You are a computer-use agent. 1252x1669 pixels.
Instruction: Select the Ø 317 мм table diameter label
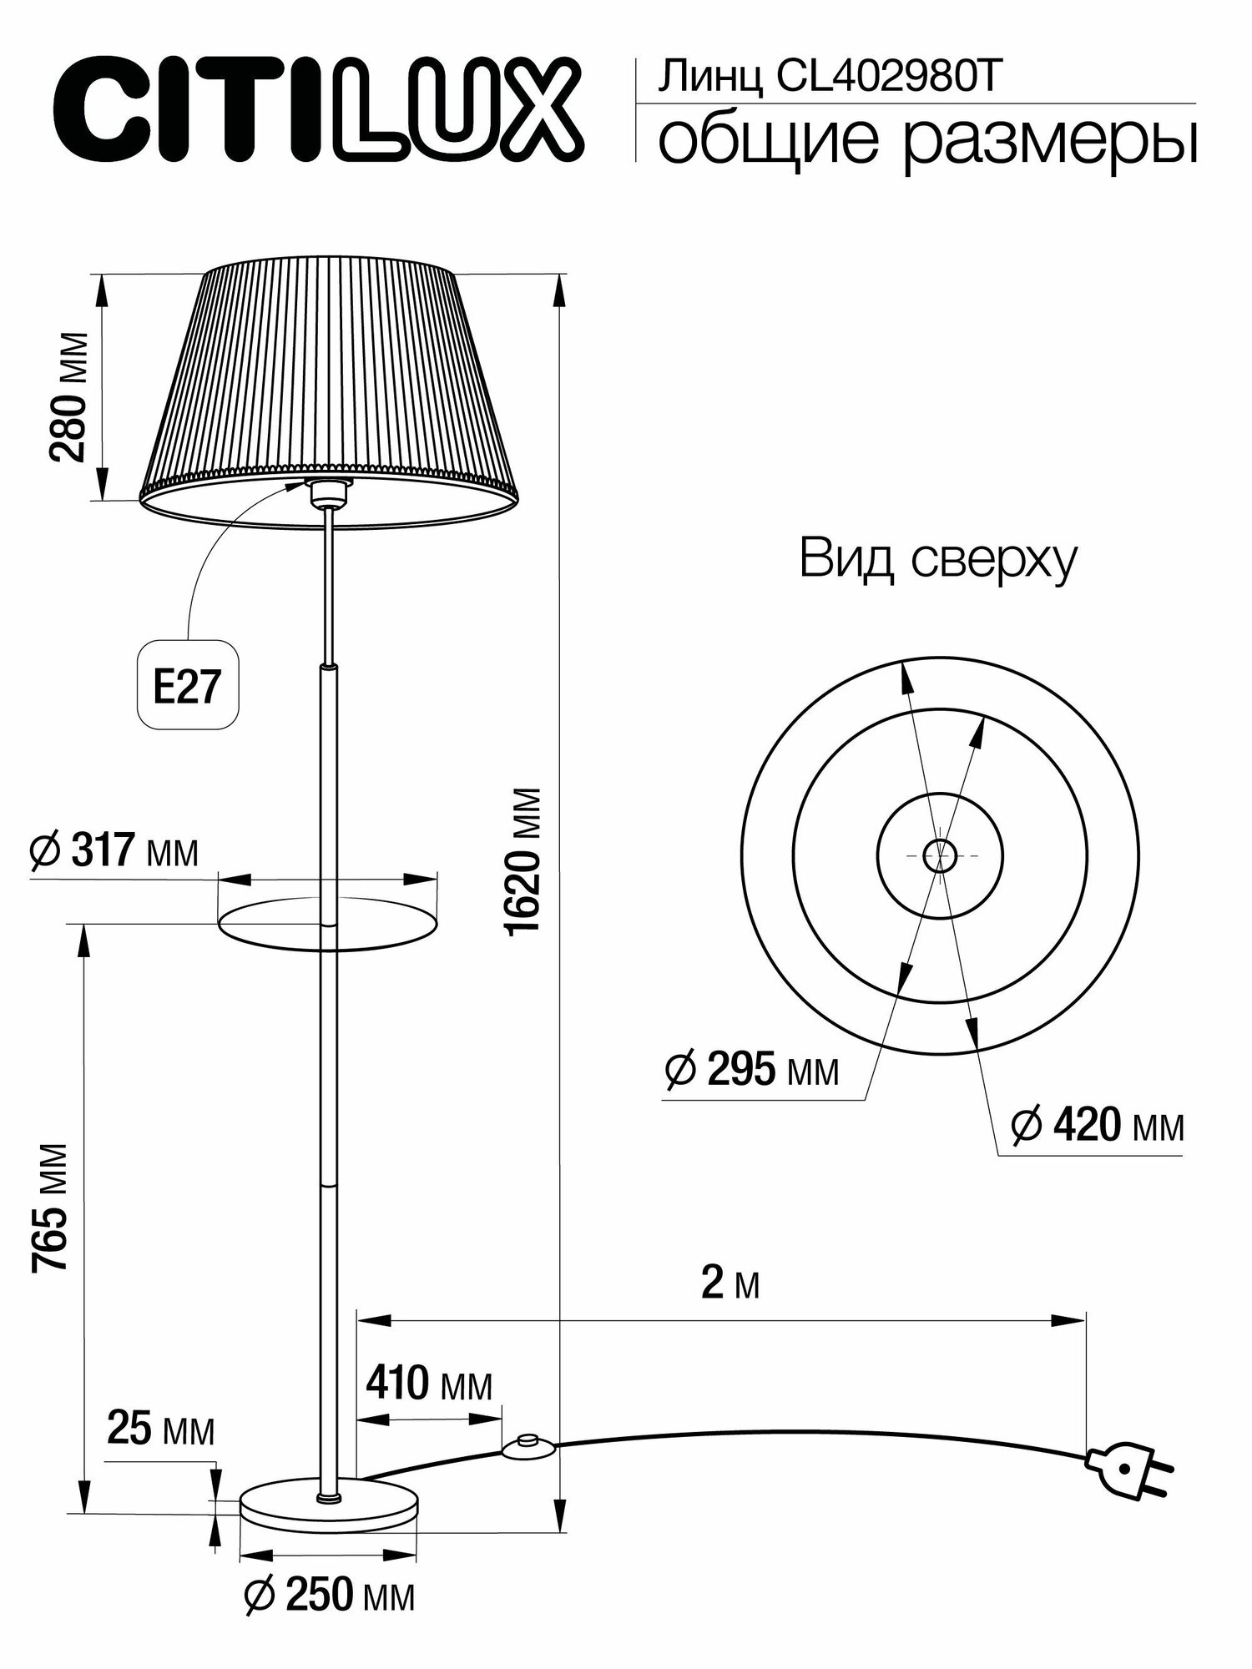coord(114,852)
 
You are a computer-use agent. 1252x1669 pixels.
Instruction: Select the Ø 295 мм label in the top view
coord(751,1071)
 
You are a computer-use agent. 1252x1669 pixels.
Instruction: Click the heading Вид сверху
coord(938,560)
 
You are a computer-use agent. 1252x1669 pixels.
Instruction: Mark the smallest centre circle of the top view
coord(940,854)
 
